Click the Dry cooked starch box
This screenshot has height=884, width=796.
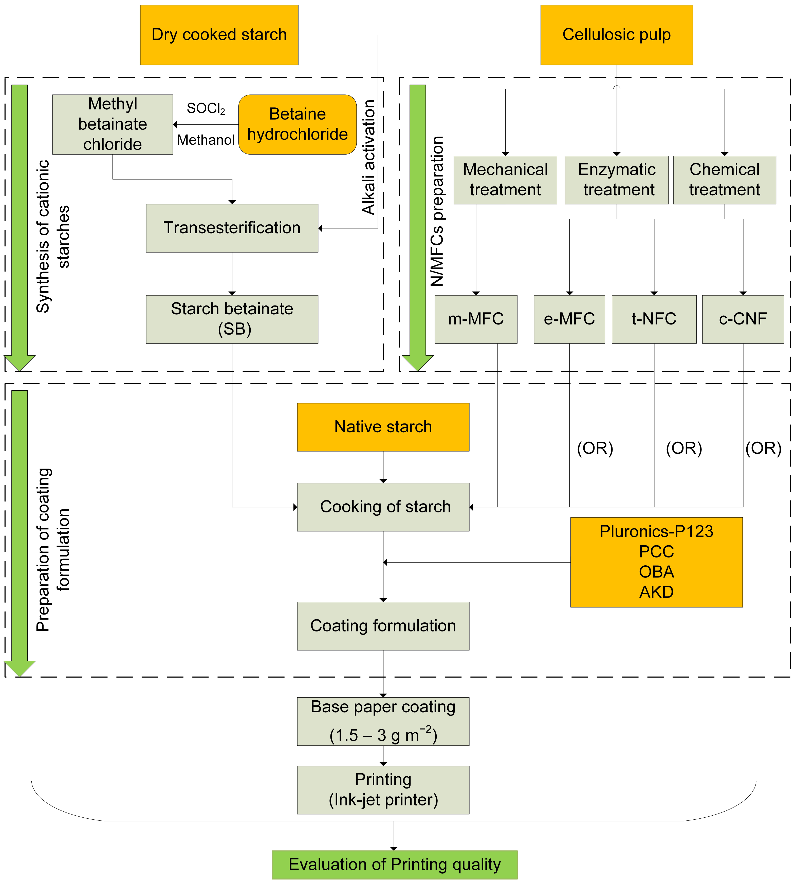(x=219, y=35)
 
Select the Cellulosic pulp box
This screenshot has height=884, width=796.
(x=616, y=35)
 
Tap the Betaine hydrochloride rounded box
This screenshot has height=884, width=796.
(x=298, y=124)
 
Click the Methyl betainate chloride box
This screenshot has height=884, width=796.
(x=113, y=124)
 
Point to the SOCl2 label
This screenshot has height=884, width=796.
(x=206, y=108)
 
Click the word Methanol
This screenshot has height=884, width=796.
(x=206, y=140)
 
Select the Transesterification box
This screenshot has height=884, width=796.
(x=232, y=228)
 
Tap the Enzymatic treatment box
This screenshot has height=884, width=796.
(x=616, y=180)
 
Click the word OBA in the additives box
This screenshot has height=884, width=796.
(x=656, y=572)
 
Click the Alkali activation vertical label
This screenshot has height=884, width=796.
(x=369, y=157)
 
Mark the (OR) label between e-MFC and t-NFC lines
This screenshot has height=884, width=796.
(x=595, y=448)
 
